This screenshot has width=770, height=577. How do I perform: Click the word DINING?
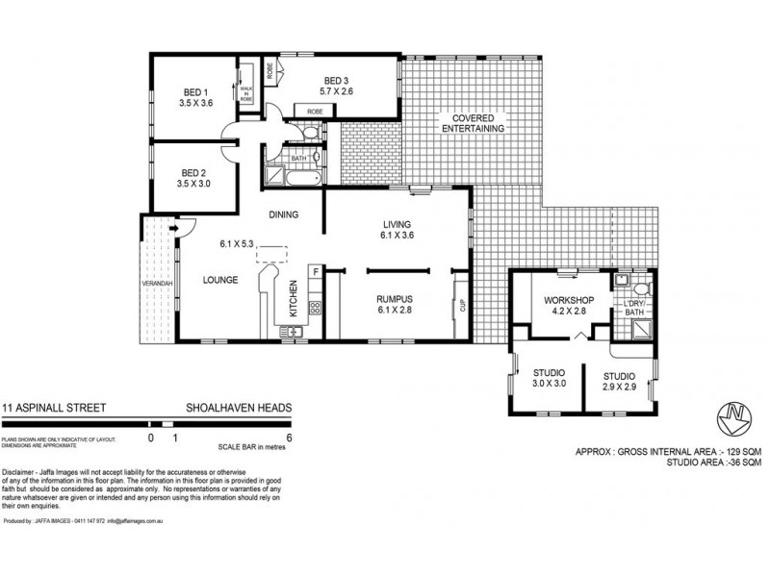tap(284, 214)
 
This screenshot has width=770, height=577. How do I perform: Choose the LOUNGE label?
tap(219, 282)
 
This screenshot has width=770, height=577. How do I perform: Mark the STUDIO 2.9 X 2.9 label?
tap(620, 381)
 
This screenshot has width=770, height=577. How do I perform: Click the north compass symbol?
tap(733, 417)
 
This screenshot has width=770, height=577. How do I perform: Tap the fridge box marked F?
tap(316, 272)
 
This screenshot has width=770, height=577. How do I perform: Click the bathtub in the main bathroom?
tap(285, 178)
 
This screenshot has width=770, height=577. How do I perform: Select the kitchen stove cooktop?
tap(314, 308)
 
